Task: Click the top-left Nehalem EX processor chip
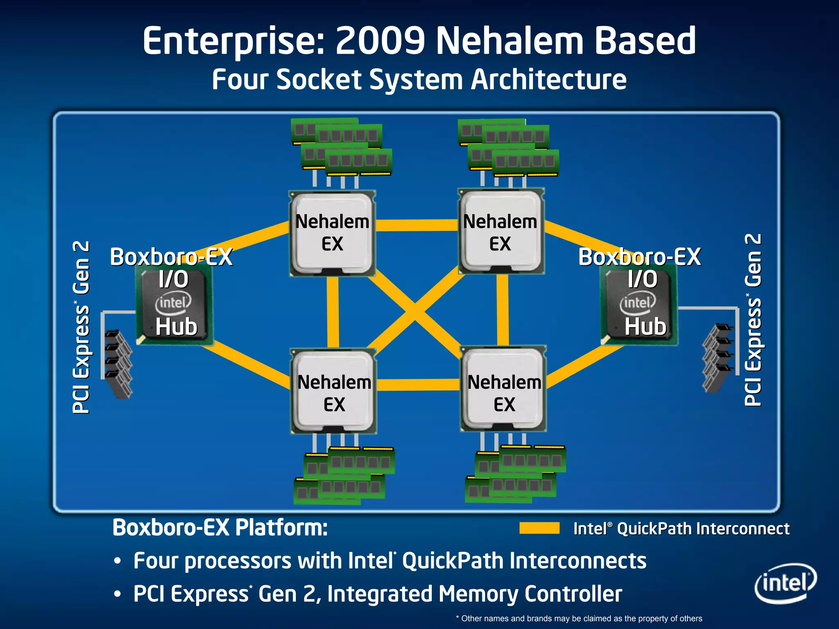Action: point(332,233)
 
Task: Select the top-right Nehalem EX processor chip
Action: point(501,232)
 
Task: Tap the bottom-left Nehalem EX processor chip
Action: point(333,391)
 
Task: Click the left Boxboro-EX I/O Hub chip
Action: point(175,305)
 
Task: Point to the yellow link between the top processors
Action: point(416,225)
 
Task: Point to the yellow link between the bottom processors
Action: point(418,385)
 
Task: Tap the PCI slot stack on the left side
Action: point(118,364)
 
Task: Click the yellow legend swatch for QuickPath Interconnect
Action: point(539,528)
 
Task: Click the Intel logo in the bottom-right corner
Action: point(785,583)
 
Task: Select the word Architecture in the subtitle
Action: point(549,79)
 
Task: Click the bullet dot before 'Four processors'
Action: point(118,561)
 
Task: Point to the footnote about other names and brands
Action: point(579,618)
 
